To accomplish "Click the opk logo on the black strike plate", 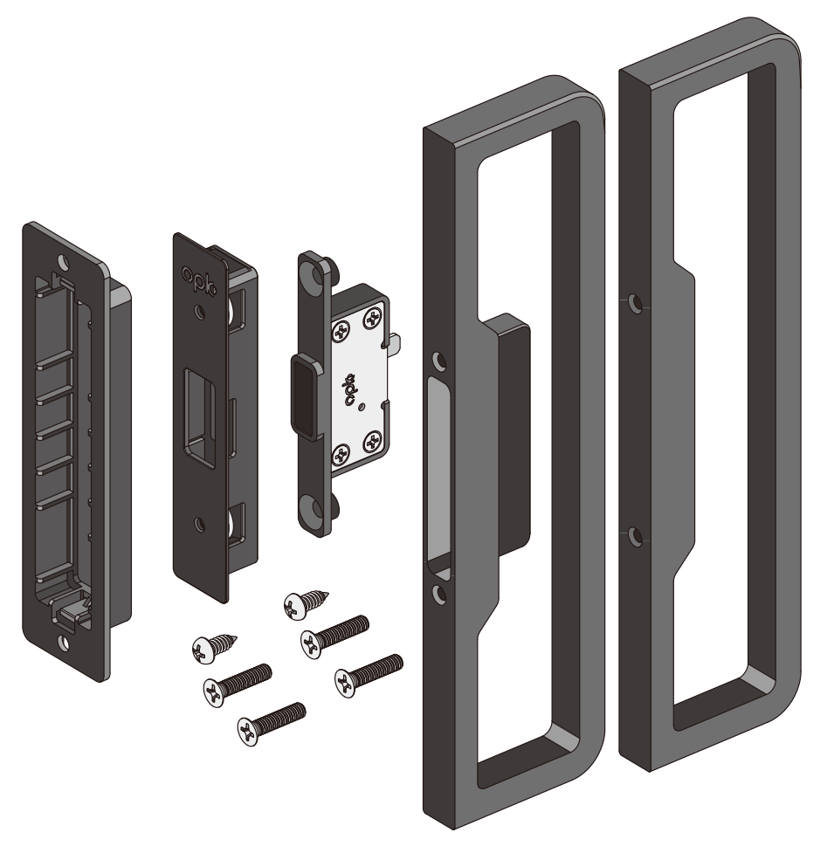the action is pyautogui.click(x=199, y=279).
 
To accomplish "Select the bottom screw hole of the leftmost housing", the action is pyautogui.click(x=65, y=643).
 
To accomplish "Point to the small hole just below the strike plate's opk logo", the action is pyautogui.click(x=201, y=311).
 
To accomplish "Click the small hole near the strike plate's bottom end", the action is pyautogui.click(x=200, y=524).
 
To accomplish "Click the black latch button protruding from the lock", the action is pyautogui.click(x=304, y=396).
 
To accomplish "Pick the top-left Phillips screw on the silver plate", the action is pyautogui.click(x=341, y=331).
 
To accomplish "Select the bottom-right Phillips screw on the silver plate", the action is pyautogui.click(x=374, y=441).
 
